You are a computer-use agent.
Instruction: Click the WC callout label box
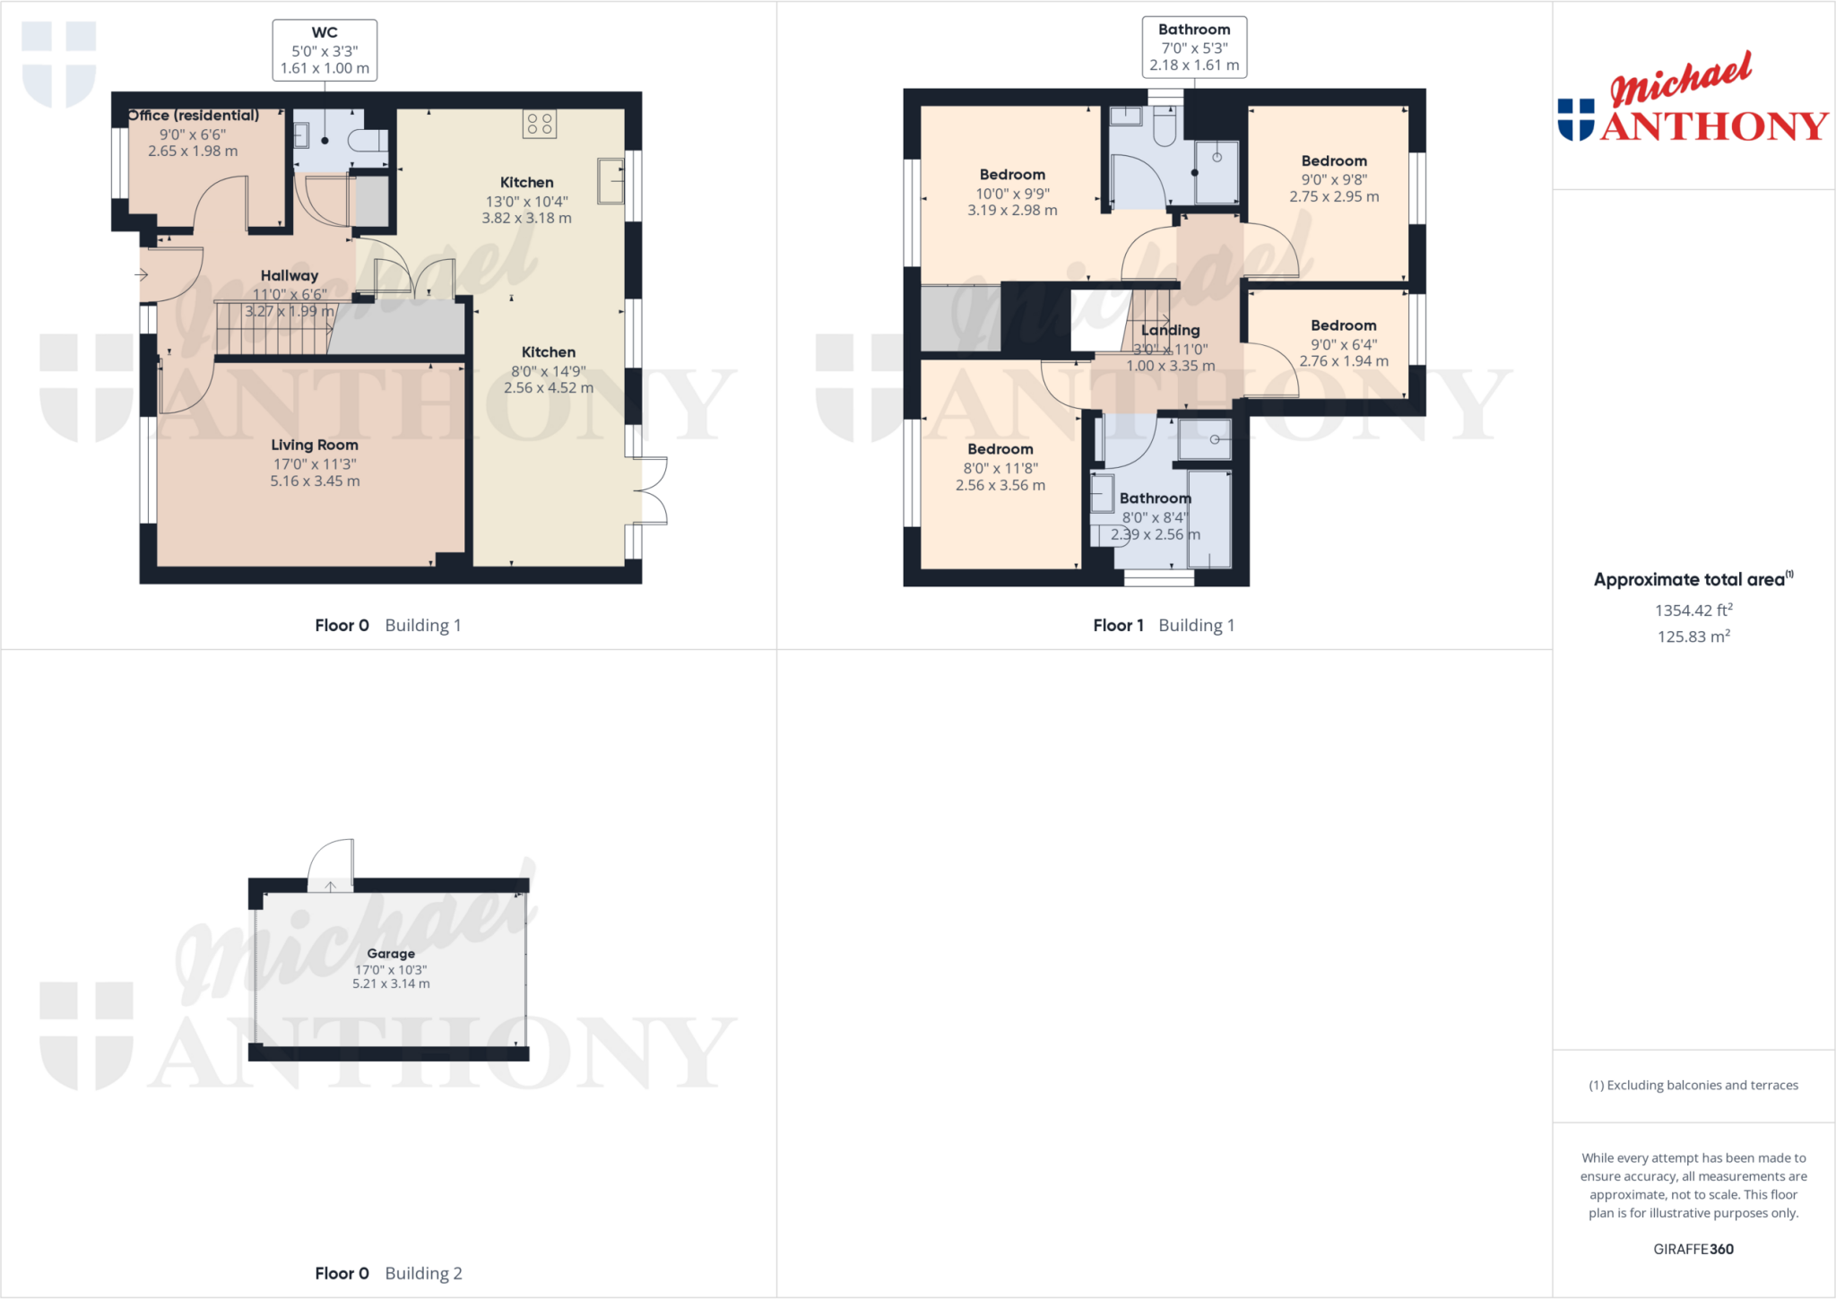click(325, 50)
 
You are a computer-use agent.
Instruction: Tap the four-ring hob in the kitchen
click(540, 124)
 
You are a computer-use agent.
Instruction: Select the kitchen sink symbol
click(611, 181)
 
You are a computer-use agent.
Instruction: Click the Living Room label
click(315, 445)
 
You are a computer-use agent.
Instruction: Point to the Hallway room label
click(290, 275)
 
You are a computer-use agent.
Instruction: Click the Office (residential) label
click(194, 116)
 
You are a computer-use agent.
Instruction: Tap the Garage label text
click(391, 954)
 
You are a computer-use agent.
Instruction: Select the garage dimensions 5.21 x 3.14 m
click(391, 983)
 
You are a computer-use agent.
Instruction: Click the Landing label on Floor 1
click(1170, 330)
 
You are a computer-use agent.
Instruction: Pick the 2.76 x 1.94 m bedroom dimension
click(1344, 361)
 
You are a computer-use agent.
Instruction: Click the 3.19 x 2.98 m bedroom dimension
click(1012, 210)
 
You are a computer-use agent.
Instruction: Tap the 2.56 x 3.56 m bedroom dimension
click(1000, 485)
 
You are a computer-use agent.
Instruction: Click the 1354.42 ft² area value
click(1693, 611)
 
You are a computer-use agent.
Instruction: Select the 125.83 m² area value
click(1693, 637)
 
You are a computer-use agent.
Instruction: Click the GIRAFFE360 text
click(1693, 1249)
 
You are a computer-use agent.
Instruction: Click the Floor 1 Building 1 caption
click(1164, 625)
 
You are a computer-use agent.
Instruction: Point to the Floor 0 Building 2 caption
click(388, 1273)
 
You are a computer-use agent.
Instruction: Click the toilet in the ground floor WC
click(368, 140)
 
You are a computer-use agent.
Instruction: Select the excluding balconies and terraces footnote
click(1693, 1085)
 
